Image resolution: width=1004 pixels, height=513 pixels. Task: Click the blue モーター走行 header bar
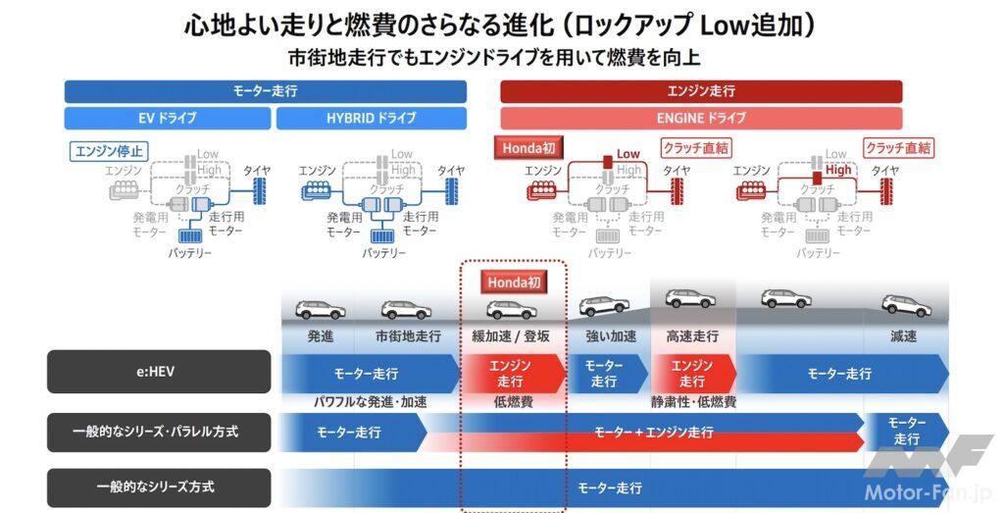[265, 91]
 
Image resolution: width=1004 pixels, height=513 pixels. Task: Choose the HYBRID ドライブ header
[371, 118]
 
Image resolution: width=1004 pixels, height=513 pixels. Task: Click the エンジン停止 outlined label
[108, 152]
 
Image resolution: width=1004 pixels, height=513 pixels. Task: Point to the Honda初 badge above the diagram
[529, 148]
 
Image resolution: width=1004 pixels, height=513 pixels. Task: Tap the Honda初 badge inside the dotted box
[513, 282]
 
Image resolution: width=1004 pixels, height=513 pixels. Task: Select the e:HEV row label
[158, 373]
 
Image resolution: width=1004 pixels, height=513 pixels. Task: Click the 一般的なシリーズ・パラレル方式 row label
[158, 432]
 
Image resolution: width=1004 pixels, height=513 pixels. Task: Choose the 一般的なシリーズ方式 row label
[158, 487]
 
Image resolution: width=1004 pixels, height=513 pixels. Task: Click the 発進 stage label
[321, 336]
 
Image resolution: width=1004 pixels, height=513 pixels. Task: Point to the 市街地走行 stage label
[408, 336]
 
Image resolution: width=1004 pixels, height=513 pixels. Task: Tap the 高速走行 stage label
[691, 336]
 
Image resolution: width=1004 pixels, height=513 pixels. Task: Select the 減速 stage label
[903, 336]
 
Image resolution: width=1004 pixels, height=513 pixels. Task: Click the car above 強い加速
[604, 306]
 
